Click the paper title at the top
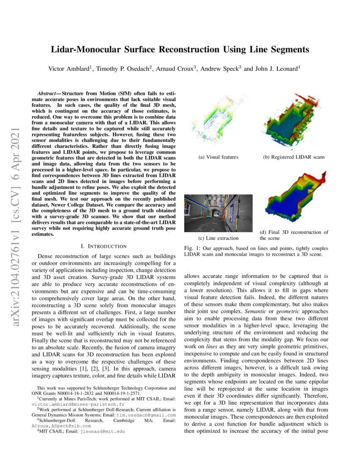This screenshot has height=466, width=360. [x=180, y=50]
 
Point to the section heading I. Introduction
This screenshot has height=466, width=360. [x=103, y=246]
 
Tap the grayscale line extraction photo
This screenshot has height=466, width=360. [x=218, y=213]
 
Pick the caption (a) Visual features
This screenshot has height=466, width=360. [x=218, y=157]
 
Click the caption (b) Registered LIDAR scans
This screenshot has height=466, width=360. [x=294, y=157]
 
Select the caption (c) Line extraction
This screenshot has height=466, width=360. [x=218, y=238]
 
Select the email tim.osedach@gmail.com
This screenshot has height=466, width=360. [x=140, y=415]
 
